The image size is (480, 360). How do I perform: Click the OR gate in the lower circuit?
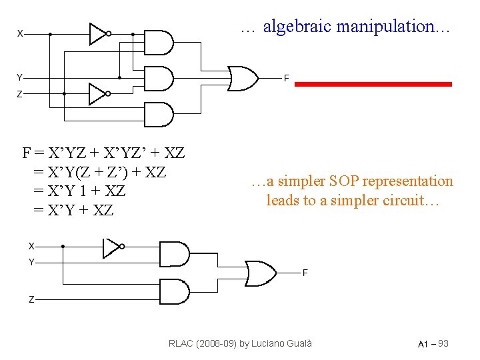point(261,272)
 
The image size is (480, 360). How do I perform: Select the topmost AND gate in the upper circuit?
point(158,42)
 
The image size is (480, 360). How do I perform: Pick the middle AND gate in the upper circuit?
point(158,78)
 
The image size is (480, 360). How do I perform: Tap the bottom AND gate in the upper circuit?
point(158,114)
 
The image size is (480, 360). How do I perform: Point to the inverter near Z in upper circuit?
point(98,93)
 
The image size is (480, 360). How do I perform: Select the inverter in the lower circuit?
point(111,247)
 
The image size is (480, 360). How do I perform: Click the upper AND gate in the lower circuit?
point(175,254)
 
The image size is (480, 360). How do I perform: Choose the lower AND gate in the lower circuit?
point(175,291)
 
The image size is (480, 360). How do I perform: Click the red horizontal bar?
point(373,84)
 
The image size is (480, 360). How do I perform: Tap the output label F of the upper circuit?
point(286,79)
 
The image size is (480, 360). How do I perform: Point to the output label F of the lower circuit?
point(305,273)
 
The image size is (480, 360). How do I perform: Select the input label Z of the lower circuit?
point(31,299)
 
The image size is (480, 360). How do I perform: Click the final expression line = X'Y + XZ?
point(73,211)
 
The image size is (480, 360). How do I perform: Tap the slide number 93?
point(443,343)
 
